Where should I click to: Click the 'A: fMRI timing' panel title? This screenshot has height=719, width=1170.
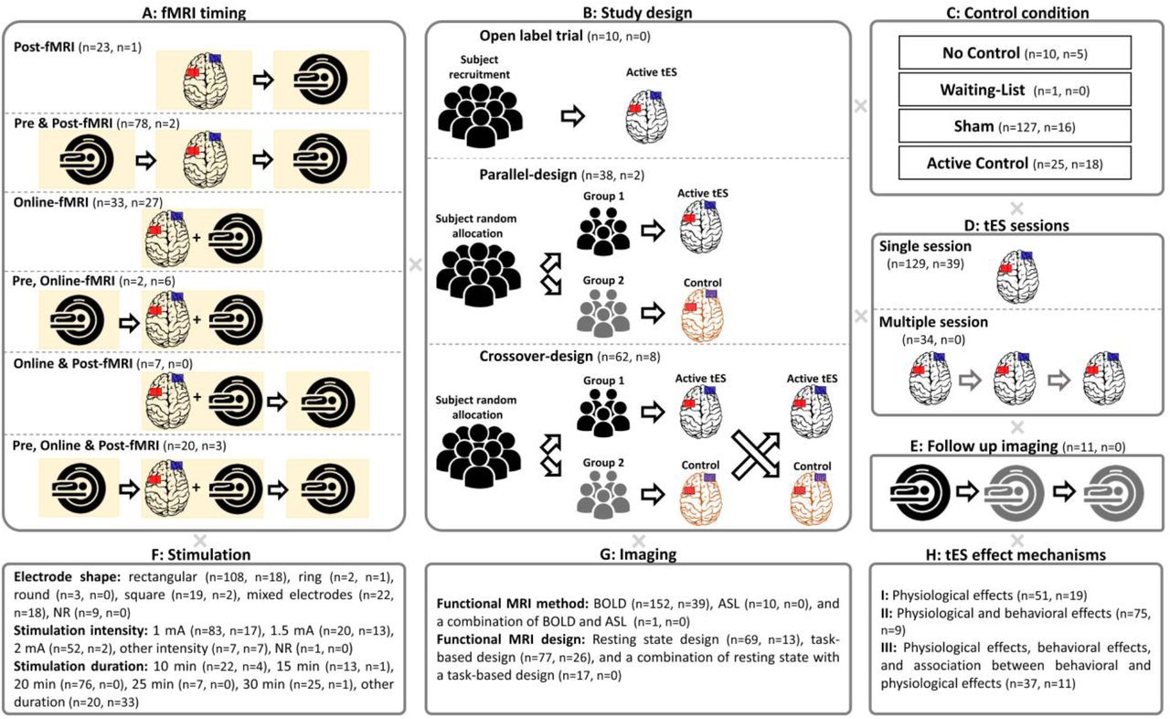coord(194,13)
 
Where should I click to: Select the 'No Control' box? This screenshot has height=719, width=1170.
coord(1015,52)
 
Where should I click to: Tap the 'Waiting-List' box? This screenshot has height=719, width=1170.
coord(1015,90)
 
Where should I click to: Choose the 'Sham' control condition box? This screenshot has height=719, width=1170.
coord(1015,126)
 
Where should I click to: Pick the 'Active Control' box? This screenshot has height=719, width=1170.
coord(1015,163)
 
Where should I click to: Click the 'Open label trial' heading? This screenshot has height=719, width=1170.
coord(531,36)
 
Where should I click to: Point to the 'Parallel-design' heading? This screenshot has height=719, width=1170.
coord(528,175)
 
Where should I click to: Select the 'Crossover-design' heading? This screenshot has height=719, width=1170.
coord(536,357)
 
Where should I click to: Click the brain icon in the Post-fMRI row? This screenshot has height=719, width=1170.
coord(204,80)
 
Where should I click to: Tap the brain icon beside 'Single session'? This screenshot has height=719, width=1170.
coord(1017,276)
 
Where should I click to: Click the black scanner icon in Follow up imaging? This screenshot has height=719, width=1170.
coord(920,493)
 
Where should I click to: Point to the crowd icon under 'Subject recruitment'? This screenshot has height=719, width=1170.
coord(480,115)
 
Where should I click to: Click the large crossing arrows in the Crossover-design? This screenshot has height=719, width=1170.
coord(755,455)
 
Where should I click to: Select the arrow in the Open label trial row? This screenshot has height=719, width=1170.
coord(572,116)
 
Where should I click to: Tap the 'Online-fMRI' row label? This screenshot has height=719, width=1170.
coord(50,201)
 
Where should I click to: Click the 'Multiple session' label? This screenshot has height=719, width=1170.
coord(933,322)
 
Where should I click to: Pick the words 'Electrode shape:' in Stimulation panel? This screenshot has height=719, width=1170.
coord(67,577)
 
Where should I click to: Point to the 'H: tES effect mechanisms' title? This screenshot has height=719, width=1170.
coord(1016,554)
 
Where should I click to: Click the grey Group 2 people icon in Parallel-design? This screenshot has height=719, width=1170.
coord(602,313)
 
